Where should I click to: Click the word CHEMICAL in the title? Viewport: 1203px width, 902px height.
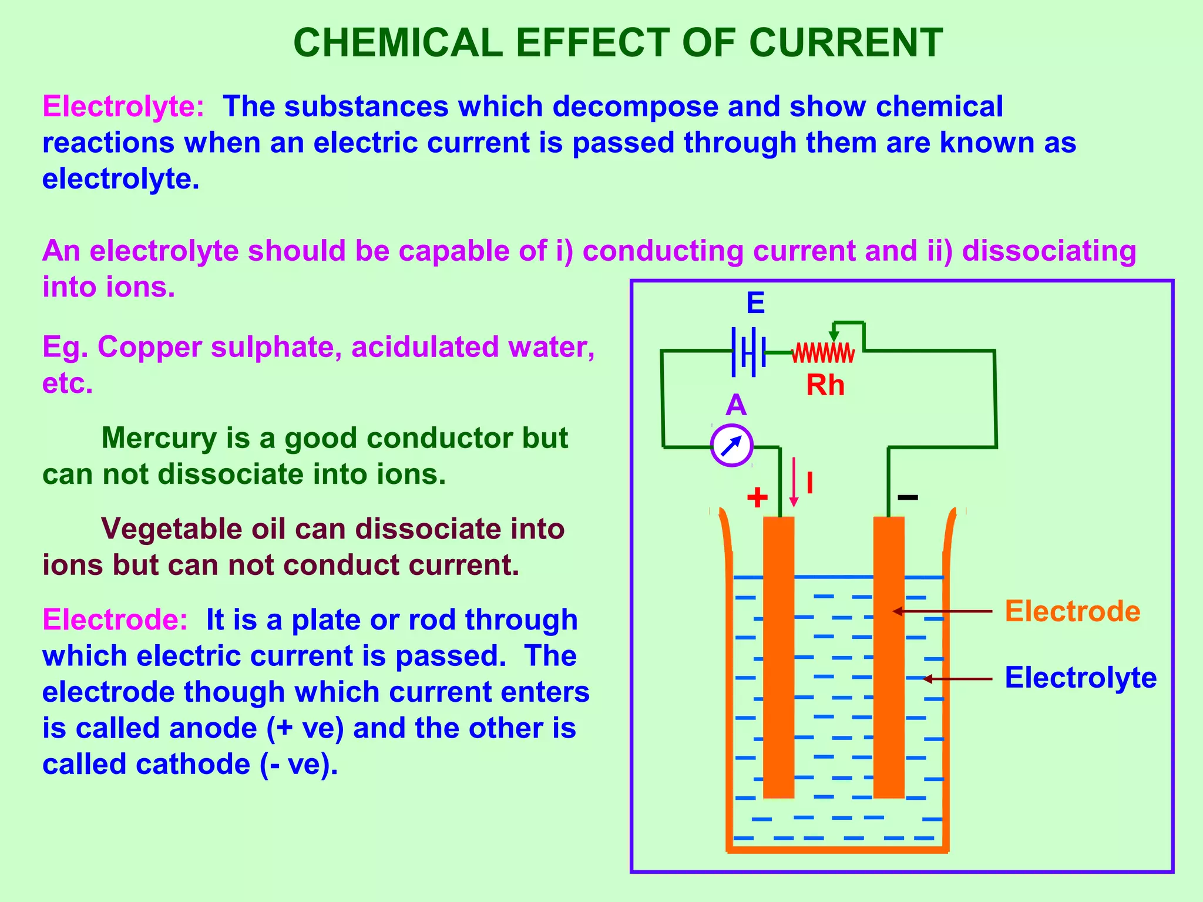coord(398,43)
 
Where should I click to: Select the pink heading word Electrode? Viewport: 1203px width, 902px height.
coord(115,620)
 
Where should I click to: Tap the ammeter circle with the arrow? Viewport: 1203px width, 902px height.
coord(731,446)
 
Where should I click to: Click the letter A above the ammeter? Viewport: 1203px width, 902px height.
coord(735,405)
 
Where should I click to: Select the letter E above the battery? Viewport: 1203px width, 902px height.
coord(755,304)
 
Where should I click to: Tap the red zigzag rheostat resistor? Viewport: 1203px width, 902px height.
coord(823,354)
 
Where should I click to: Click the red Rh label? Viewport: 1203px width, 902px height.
coord(825,386)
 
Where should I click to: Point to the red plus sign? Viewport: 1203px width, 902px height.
coord(757,497)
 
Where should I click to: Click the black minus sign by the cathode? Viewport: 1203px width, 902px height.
coord(908,497)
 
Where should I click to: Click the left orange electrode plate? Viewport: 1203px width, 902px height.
coord(778,658)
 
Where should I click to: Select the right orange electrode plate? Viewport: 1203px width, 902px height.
coord(889,658)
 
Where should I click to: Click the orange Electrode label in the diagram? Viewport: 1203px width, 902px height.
coord(1073,611)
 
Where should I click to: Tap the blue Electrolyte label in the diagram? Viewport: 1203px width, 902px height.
coord(1080,678)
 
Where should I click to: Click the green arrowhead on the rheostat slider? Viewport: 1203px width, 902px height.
coord(834,336)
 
